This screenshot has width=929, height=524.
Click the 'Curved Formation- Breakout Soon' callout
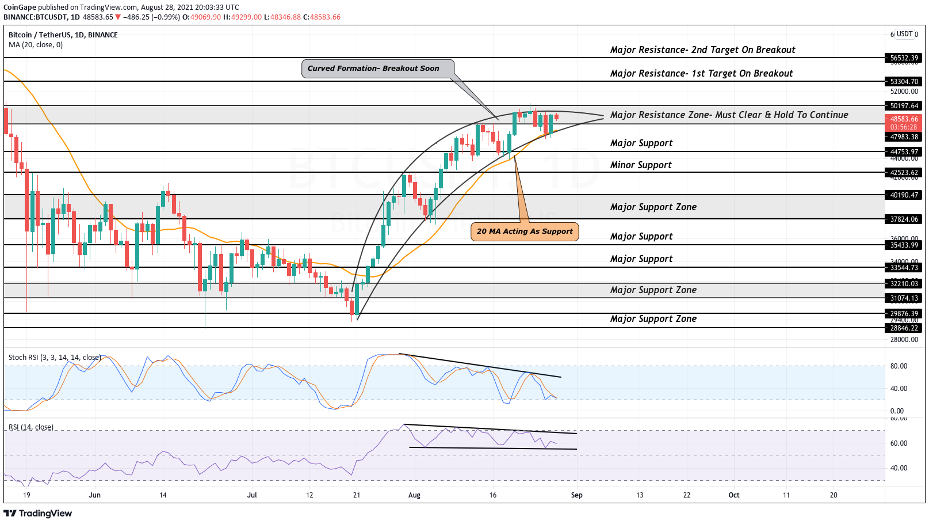373,69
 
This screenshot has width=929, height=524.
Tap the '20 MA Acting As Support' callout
525,231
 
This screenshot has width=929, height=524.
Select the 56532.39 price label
904,58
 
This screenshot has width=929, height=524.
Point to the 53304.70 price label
904,82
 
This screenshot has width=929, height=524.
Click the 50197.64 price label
904,106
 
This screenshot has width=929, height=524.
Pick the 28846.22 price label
904,328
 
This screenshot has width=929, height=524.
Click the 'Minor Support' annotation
641,165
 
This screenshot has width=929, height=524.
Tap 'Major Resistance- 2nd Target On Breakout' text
702,50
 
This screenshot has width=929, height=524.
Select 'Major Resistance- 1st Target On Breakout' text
701,74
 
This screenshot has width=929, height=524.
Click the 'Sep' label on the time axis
576,495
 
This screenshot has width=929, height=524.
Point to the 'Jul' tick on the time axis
251,495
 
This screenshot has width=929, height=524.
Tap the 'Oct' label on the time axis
734,495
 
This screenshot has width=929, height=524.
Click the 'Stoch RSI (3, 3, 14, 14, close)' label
55,358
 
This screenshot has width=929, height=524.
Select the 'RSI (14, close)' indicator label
31,427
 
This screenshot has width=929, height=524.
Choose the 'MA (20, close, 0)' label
36,45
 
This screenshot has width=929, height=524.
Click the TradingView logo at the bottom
38,514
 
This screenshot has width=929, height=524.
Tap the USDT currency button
905,34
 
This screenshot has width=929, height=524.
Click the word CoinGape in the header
20,7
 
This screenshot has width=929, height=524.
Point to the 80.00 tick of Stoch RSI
899,366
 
